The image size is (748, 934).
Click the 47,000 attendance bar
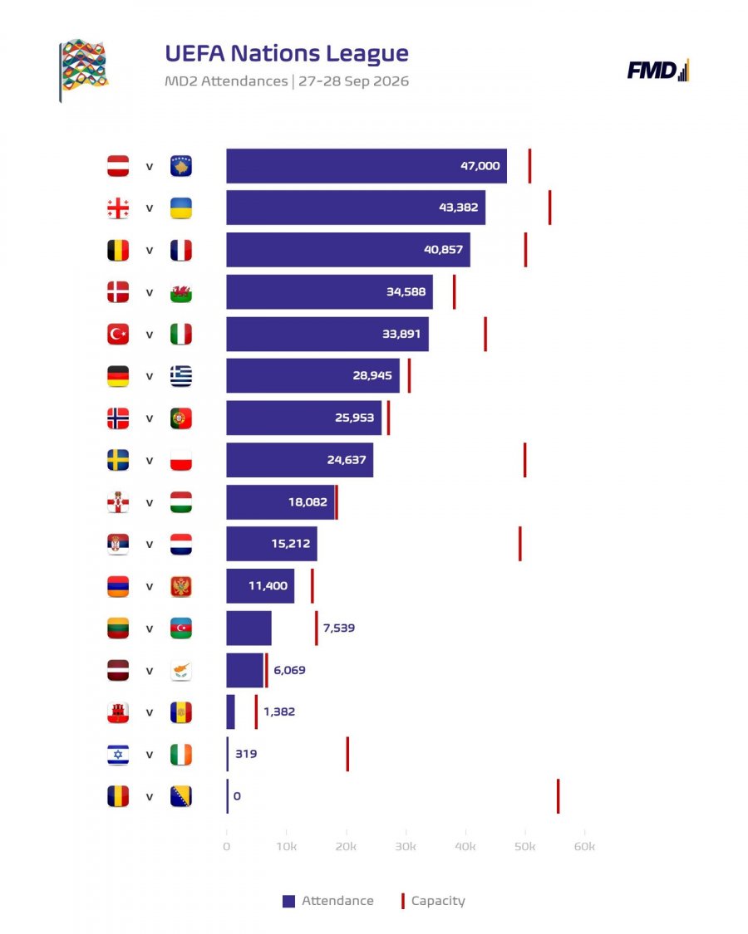[x=367, y=165]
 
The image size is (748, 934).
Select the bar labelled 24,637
[x=299, y=460]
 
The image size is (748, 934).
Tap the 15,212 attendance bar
[x=272, y=543]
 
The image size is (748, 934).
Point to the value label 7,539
[x=339, y=628]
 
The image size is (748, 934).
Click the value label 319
[x=246, y=754]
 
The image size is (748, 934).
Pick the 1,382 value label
[x=279, y=712]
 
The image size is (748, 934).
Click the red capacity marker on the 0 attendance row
[x=559, y=796]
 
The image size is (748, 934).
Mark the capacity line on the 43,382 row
[x=550, y=208]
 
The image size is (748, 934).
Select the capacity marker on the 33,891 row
[x=485, y=334]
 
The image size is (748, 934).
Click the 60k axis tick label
[x=584, y=847]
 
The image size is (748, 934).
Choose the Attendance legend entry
[x=328, y=901]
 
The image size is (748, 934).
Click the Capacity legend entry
[x=433, y=901]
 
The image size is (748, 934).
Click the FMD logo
[x=658, y=71]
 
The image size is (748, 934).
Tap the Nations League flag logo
[x=83, y=70]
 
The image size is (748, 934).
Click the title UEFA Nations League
[x=287, y=53]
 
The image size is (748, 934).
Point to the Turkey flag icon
[x=118, y=335]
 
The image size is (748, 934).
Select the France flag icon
[x=180, y=250]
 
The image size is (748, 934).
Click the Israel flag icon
[x=118, y=754]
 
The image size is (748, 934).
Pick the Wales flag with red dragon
[x=180, y=292]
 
